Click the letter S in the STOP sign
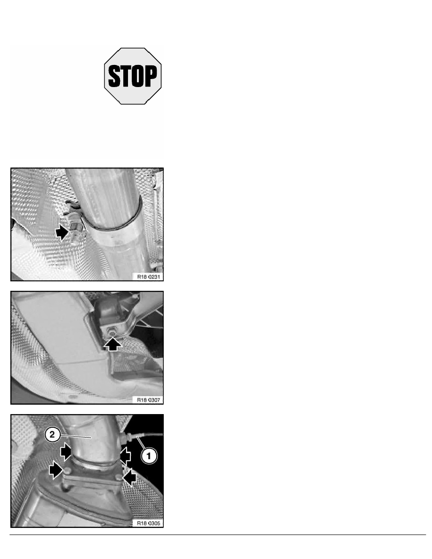click(x=114, y=76)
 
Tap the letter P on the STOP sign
click(x=151, y=76)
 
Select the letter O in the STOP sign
click(x=137, y=76)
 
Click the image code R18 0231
click(x=148, y=277)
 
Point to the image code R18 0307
click(x=148, y=400)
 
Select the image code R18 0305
click(x=148, y=523)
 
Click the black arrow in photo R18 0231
click(x=62, y=232)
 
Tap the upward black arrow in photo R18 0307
click(x=113, y=344)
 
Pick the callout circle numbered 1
click(x=149, y=455)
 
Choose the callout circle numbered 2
click(x=52, y=435)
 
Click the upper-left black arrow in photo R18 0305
click(x=65, y=452)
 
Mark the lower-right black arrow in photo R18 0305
click(x=130, y=477)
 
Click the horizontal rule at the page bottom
click(x=218, y=535)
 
